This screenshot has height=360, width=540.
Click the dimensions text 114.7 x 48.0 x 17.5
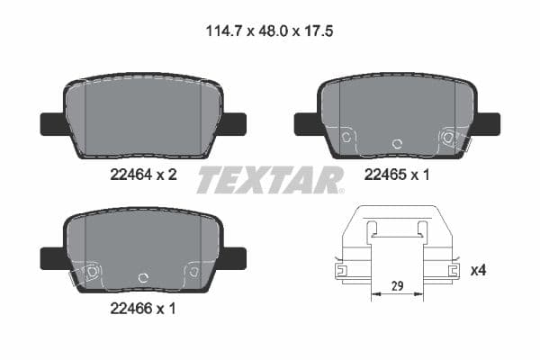271,30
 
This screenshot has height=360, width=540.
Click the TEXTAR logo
270,180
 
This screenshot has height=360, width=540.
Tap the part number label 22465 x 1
397,177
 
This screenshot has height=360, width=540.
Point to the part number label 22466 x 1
141,309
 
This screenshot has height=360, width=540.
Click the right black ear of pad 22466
234,258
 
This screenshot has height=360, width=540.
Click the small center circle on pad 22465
396,143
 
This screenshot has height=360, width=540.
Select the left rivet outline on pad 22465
348,137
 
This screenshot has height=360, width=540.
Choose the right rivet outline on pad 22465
446,138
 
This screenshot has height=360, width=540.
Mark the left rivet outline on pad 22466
91,271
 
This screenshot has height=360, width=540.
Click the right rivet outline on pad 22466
191,270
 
